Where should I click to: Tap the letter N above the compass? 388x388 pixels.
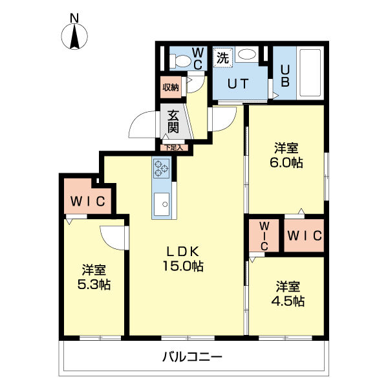click(x=75, y=18)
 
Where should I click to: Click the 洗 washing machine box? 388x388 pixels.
click(x=222, y=58)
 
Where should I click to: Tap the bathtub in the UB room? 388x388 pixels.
click(x=310, y=72)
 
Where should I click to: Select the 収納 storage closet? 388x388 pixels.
click(x=170, y=87)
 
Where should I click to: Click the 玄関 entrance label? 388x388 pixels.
click(x=173, y=122)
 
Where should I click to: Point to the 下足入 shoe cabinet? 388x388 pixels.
click(x=175, y=147)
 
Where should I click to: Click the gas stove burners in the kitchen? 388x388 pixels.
click(x=161, y=169)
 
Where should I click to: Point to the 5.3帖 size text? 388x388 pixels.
click(x=94, y=285)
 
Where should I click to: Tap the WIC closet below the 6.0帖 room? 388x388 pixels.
click(x=303, y=237)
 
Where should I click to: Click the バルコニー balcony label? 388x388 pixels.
click(x=192, y=356)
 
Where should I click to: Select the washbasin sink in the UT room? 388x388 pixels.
click(x=246, y=56)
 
